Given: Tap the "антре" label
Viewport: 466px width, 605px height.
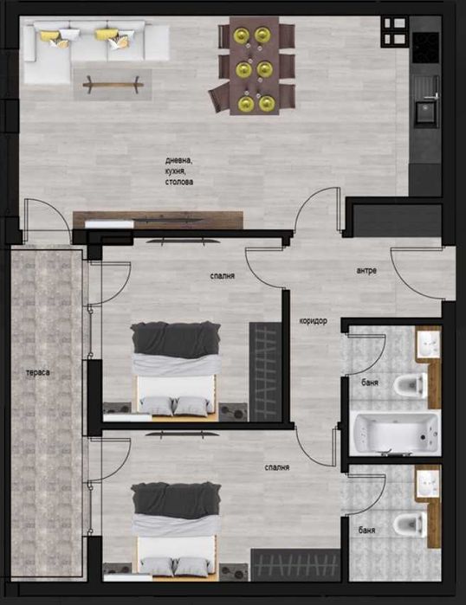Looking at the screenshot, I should click(x=366, y=270).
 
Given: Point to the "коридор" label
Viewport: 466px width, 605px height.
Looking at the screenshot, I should click(x=313, y=321).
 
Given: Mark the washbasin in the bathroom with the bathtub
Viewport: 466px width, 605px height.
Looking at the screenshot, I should click(x=427, y=344).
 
